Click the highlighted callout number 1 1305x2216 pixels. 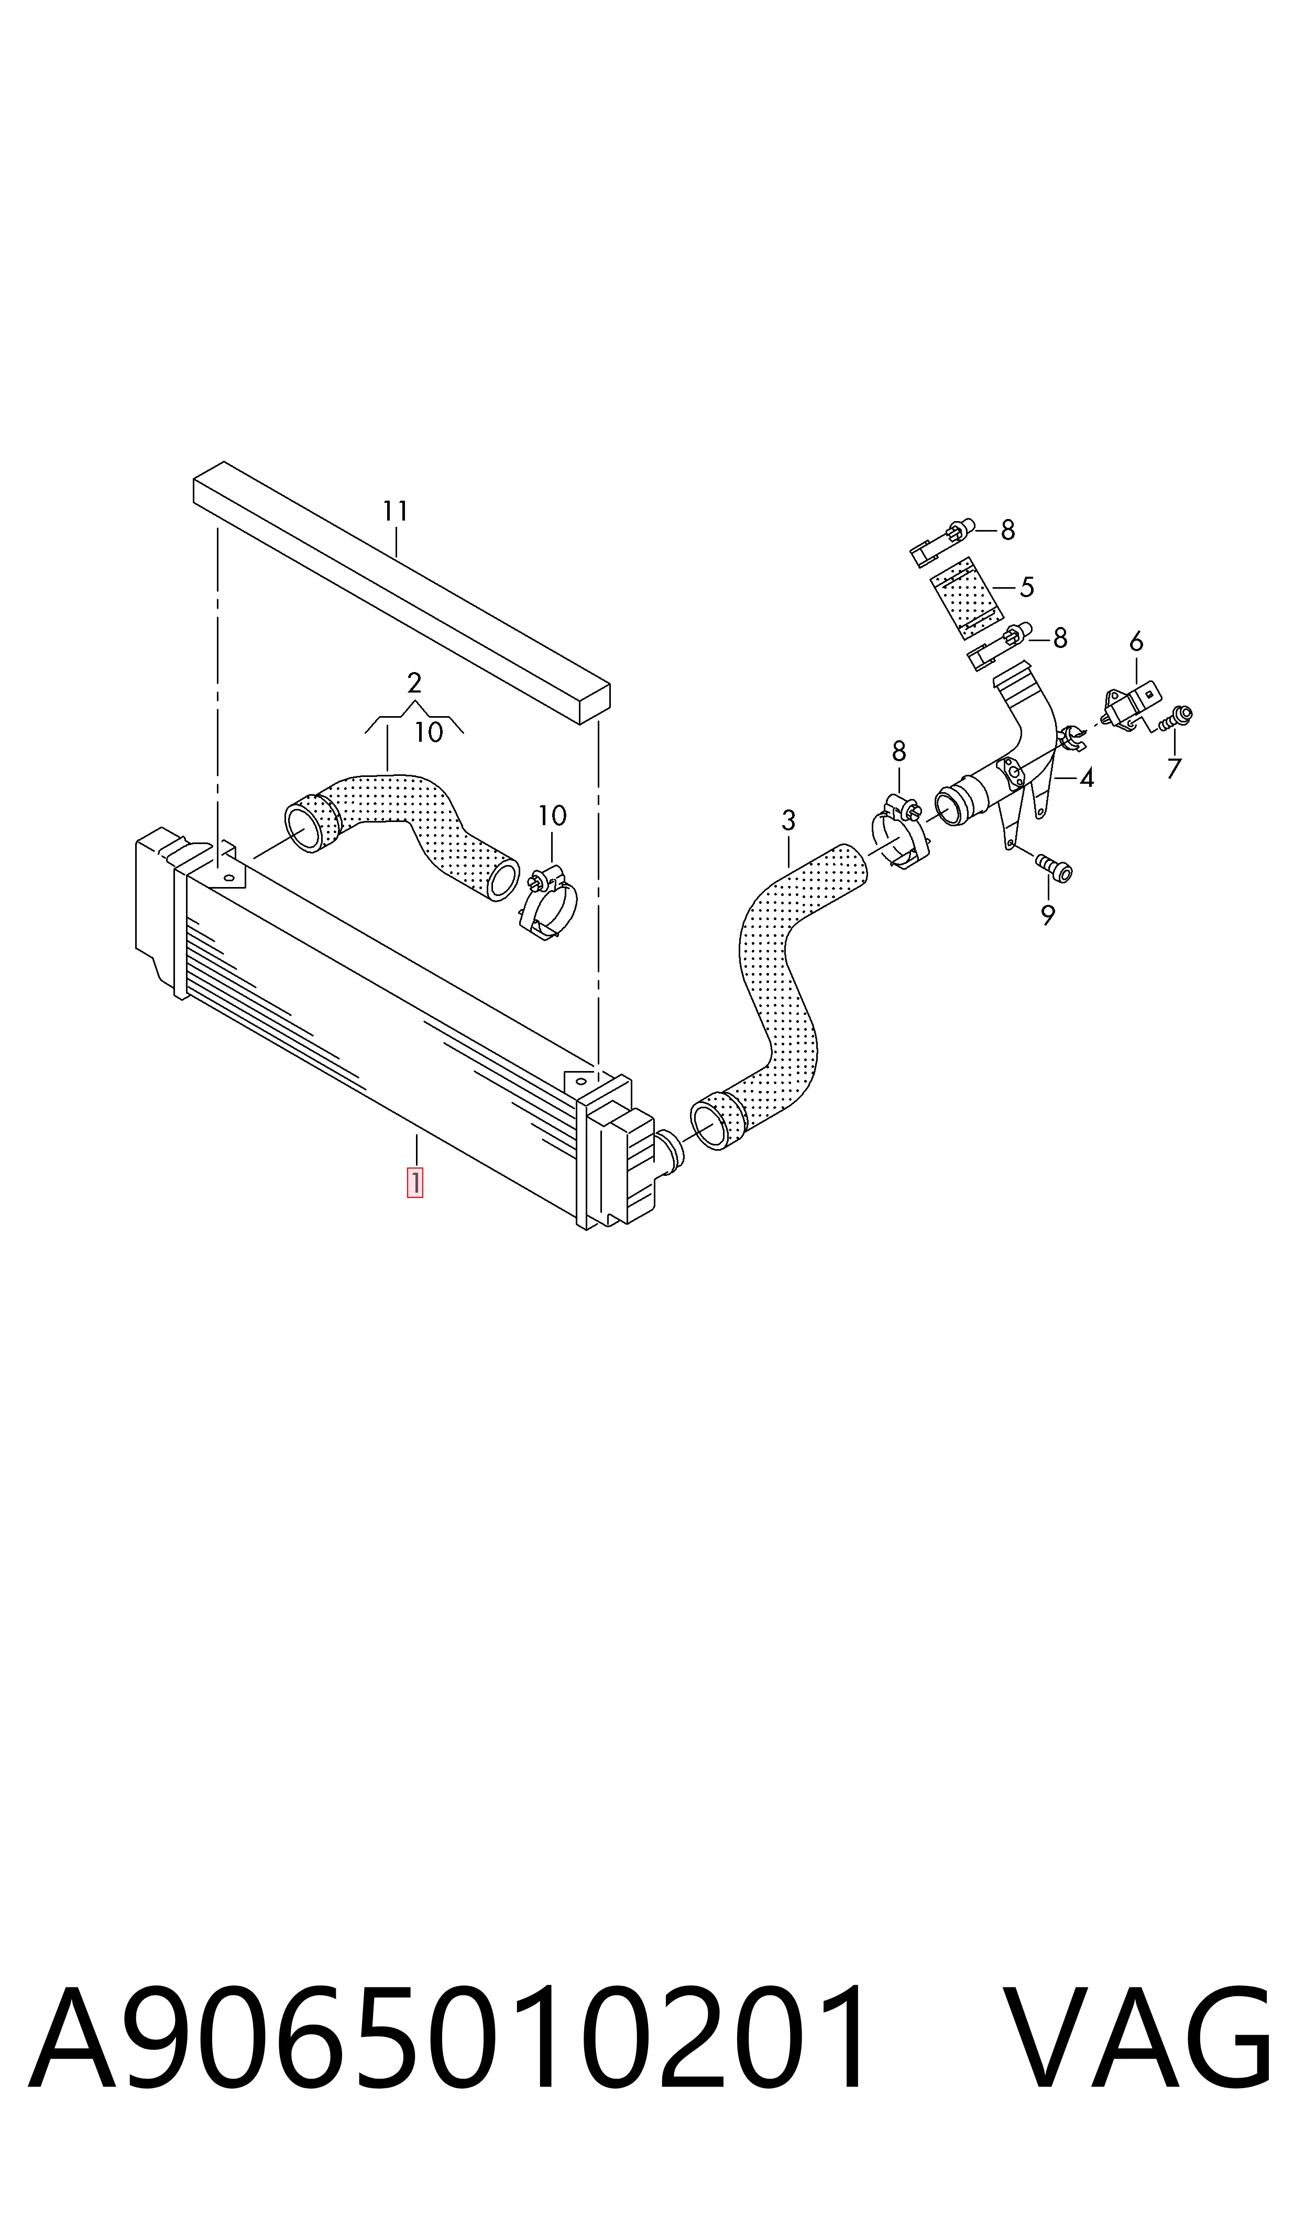point(414,1182)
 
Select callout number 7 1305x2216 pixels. point(1174,769)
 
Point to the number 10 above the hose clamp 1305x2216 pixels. point(552,816)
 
